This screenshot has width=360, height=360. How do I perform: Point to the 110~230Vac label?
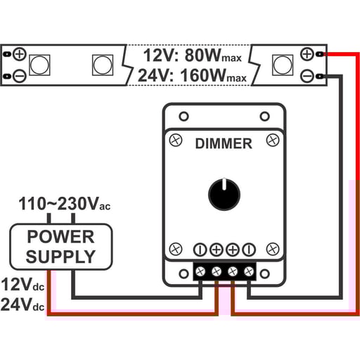point(63,205)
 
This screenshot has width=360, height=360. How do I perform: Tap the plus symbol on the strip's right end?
point(307,54)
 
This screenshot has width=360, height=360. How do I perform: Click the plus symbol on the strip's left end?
point(19,54)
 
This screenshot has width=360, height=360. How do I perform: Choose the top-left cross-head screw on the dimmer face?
point(176,140)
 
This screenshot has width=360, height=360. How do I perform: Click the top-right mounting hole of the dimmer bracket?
point(265,115)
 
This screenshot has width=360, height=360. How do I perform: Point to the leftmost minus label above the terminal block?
point(200,249)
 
